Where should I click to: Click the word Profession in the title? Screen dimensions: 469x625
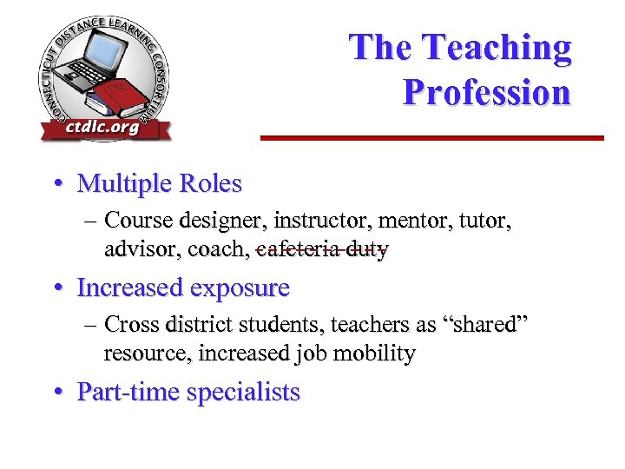pos(486,92)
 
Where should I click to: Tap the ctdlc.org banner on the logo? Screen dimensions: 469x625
pos(102,129)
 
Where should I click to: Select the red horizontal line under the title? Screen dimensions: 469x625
pos(432,137)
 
